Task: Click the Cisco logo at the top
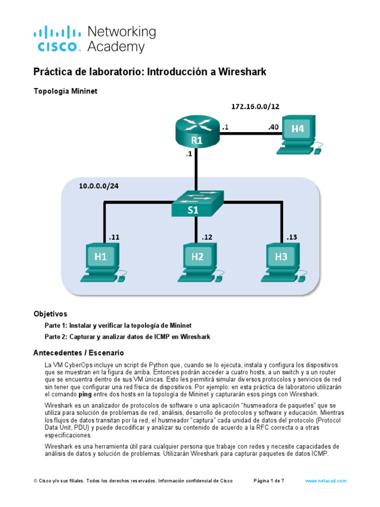click(x=56, y=40)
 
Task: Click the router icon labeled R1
click(x=197, y=133)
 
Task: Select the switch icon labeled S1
click(x=197, y=203)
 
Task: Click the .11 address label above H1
click(x=113, y=237)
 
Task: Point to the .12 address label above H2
click(x=206, y=237)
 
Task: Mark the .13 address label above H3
click(x=291, y=237)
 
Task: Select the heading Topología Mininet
click(x=62, y=91)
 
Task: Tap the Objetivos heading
click(x=50, y=314)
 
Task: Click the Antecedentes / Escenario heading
click(x=78, y=353)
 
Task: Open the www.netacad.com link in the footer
click(x=326, y=481)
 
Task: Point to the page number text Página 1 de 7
click(x=269, y=481)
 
